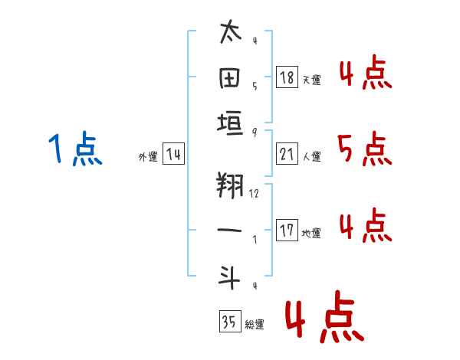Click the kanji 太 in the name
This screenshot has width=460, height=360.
click(231, 33)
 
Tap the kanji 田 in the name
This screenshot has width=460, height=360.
click(231, 77)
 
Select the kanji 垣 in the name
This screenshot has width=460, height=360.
click(231, 123)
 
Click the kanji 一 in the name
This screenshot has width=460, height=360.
click(231, 231)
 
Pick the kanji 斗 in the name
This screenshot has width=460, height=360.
click(231, 277)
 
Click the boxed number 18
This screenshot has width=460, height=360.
click(287, 77)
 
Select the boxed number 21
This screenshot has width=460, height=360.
click(287, 154)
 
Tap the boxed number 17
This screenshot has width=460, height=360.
click(287, 231)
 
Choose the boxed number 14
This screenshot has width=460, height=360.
click(173, 154)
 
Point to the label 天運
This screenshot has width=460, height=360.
click(311, 80)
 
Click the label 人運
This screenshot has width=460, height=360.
click(311, 156)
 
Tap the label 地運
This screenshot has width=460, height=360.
click(311, 233)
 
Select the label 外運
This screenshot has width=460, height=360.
click(148, 156)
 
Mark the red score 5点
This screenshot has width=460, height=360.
click(365, 149)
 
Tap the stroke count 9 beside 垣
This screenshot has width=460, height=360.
click(254, 132)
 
